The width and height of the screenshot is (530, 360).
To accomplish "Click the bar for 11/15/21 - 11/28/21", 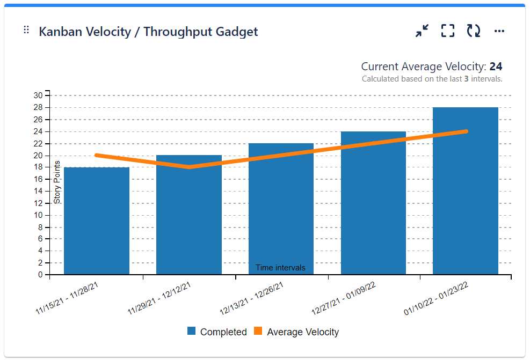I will click(97, 225).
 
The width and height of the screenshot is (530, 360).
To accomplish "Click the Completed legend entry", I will click(217, 332).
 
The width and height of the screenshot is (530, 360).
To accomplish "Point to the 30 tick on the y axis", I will click(38, 95).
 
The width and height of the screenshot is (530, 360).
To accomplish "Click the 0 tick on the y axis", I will click(40, 275).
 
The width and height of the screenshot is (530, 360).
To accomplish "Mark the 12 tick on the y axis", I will click(38, 203).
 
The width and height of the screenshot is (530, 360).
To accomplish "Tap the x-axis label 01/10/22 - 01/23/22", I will click(437, 298).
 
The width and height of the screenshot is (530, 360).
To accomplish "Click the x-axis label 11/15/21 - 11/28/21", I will click(67, 298).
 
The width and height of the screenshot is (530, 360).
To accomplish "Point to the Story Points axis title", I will click(57, 182).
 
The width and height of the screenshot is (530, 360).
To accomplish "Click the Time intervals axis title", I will click(280, 268).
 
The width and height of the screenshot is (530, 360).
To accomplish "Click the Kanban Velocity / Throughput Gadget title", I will click(148, 32).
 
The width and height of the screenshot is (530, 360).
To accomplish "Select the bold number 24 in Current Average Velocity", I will click(496, 67).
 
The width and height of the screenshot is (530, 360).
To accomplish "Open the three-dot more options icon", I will click(499, 31).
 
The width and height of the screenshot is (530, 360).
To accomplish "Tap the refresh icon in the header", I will click(473, 31).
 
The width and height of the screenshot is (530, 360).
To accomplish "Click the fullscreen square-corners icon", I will click(448, 31).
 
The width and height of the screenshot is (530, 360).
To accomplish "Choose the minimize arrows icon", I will click(422, 31).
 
